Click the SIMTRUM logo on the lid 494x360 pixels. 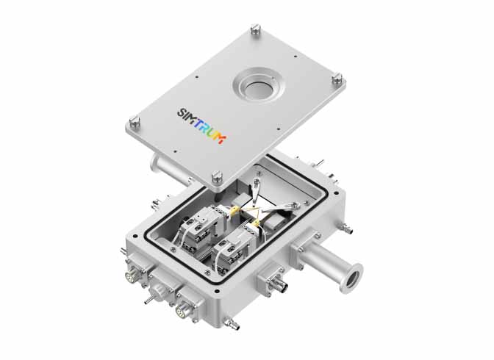click(x=201, y=126)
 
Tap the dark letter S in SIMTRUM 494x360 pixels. click(x=182, y=112)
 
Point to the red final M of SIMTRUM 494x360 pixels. click(x=221, y=139)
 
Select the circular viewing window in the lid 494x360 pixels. click(x=258, y=86)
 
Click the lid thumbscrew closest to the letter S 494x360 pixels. click(x=135, y=122)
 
